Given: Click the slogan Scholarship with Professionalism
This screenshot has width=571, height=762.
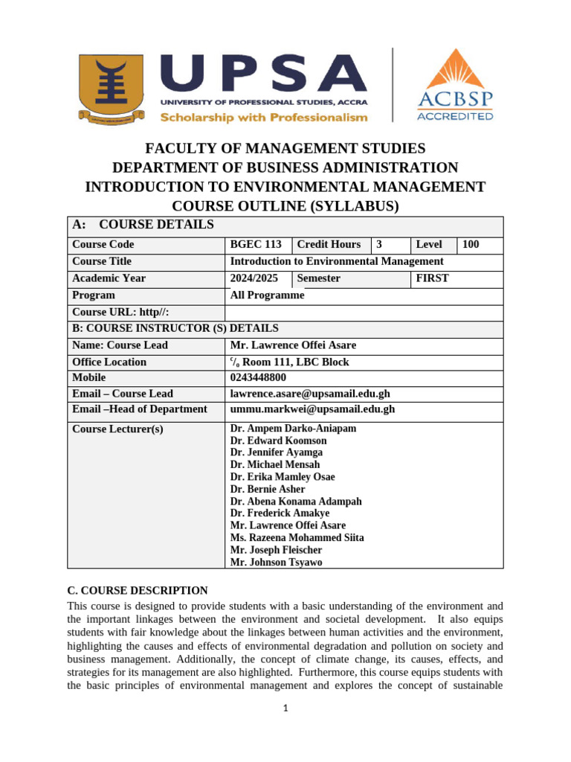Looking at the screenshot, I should click(264, 118).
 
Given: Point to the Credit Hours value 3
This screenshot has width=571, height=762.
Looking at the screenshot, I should click(379, 245).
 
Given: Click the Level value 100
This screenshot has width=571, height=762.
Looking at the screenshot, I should click(471, 245).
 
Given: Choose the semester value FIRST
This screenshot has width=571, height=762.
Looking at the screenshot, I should click(432, 278).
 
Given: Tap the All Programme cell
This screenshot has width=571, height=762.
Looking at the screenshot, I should click(267, 295).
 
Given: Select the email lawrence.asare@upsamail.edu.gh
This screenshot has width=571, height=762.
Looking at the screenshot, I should click(309, 394).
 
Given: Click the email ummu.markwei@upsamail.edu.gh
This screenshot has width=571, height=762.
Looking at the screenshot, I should click(312, 409).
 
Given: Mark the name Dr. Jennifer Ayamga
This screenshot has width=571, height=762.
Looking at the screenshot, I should click(276, 452).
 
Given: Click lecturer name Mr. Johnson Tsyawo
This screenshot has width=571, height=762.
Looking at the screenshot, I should click(276, 563).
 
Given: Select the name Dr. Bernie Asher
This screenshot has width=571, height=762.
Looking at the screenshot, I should click(268, 490).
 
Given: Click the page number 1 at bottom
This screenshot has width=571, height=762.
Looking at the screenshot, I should click(285, 708).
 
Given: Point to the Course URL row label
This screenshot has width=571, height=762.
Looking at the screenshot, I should click(114, 313).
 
